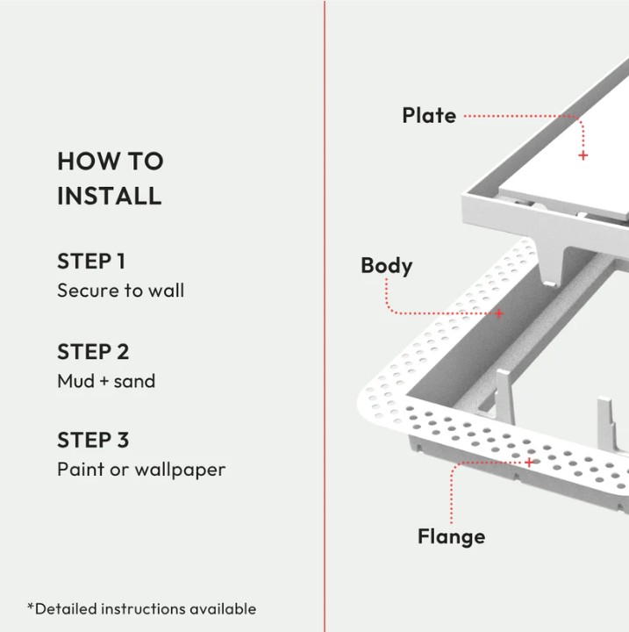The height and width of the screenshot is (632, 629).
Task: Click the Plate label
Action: (429, 115)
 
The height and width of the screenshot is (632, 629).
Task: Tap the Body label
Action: (386, 265)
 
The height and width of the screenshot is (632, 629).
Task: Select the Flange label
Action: (451, 535)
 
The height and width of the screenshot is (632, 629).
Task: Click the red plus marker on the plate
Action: (583, 155)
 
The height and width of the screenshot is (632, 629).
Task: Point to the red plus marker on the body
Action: (499, 313)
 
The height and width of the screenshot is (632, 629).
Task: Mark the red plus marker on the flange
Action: (528, 462)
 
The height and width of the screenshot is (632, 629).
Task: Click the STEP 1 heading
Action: (91, 261)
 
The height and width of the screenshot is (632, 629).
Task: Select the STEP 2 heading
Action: (93, 351)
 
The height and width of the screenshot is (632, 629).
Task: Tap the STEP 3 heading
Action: (93, 440)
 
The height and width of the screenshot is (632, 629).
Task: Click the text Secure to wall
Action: (120, 290)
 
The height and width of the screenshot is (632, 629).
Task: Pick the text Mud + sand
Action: (106, 381)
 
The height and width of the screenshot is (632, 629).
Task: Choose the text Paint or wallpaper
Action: (141, 470)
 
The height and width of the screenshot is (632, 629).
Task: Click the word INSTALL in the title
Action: (110, 195)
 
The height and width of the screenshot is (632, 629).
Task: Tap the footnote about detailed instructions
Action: (141, 608)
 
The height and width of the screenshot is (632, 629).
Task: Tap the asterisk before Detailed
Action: (31, 607)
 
